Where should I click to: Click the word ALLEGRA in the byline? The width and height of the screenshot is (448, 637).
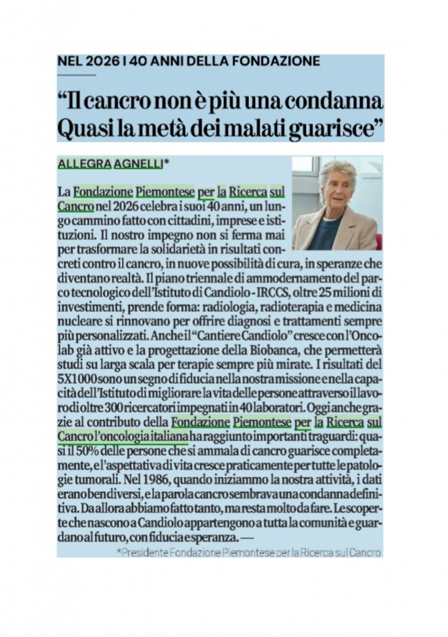(84, 164)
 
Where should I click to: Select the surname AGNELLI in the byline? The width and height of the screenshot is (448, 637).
(138, 164)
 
